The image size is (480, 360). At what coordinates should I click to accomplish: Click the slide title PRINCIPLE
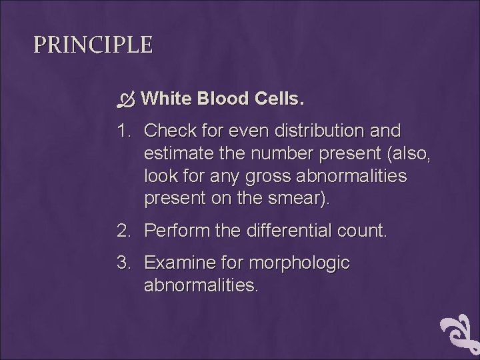coord(93,45)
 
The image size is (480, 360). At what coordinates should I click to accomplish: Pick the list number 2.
coord(123,231)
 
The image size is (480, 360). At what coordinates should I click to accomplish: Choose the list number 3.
coord(123,263)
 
